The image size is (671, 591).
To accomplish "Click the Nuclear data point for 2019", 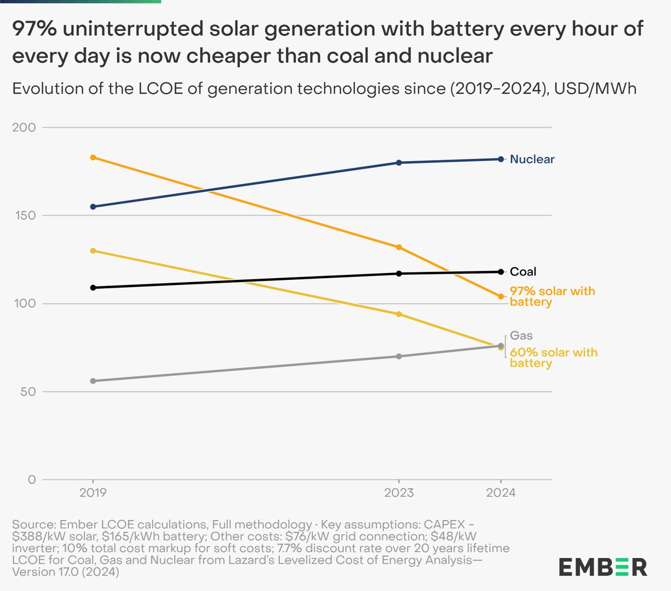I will [x=93, y=207].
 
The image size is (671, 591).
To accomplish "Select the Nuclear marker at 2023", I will [x=399, y=163].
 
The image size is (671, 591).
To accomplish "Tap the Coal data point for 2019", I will [x=93, y=288].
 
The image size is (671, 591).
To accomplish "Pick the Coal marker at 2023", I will [x=399, y=274].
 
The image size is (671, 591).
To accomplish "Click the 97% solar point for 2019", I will [x=93, y=157].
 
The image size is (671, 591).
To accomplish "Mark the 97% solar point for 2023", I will [x=399, y=247].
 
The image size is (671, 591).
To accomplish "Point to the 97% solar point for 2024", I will [x=501, y=297].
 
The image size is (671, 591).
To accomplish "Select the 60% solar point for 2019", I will [x=93, y=251].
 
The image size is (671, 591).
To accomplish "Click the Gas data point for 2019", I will [x=93, y=381].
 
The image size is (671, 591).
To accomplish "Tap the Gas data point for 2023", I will [x=399, y=357].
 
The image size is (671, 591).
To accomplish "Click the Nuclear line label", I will [x=532, y=160].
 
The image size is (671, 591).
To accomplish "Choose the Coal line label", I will [x=523, y=272].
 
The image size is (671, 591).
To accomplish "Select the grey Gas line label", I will [x=521, y=336].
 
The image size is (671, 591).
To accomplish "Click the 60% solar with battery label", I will [x=553, y=358].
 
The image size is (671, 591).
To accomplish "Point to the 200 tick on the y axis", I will [x=23, y=128].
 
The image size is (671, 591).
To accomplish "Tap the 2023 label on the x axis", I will [x=399, y=493].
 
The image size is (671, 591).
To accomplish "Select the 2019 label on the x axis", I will [x=93, y=493].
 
